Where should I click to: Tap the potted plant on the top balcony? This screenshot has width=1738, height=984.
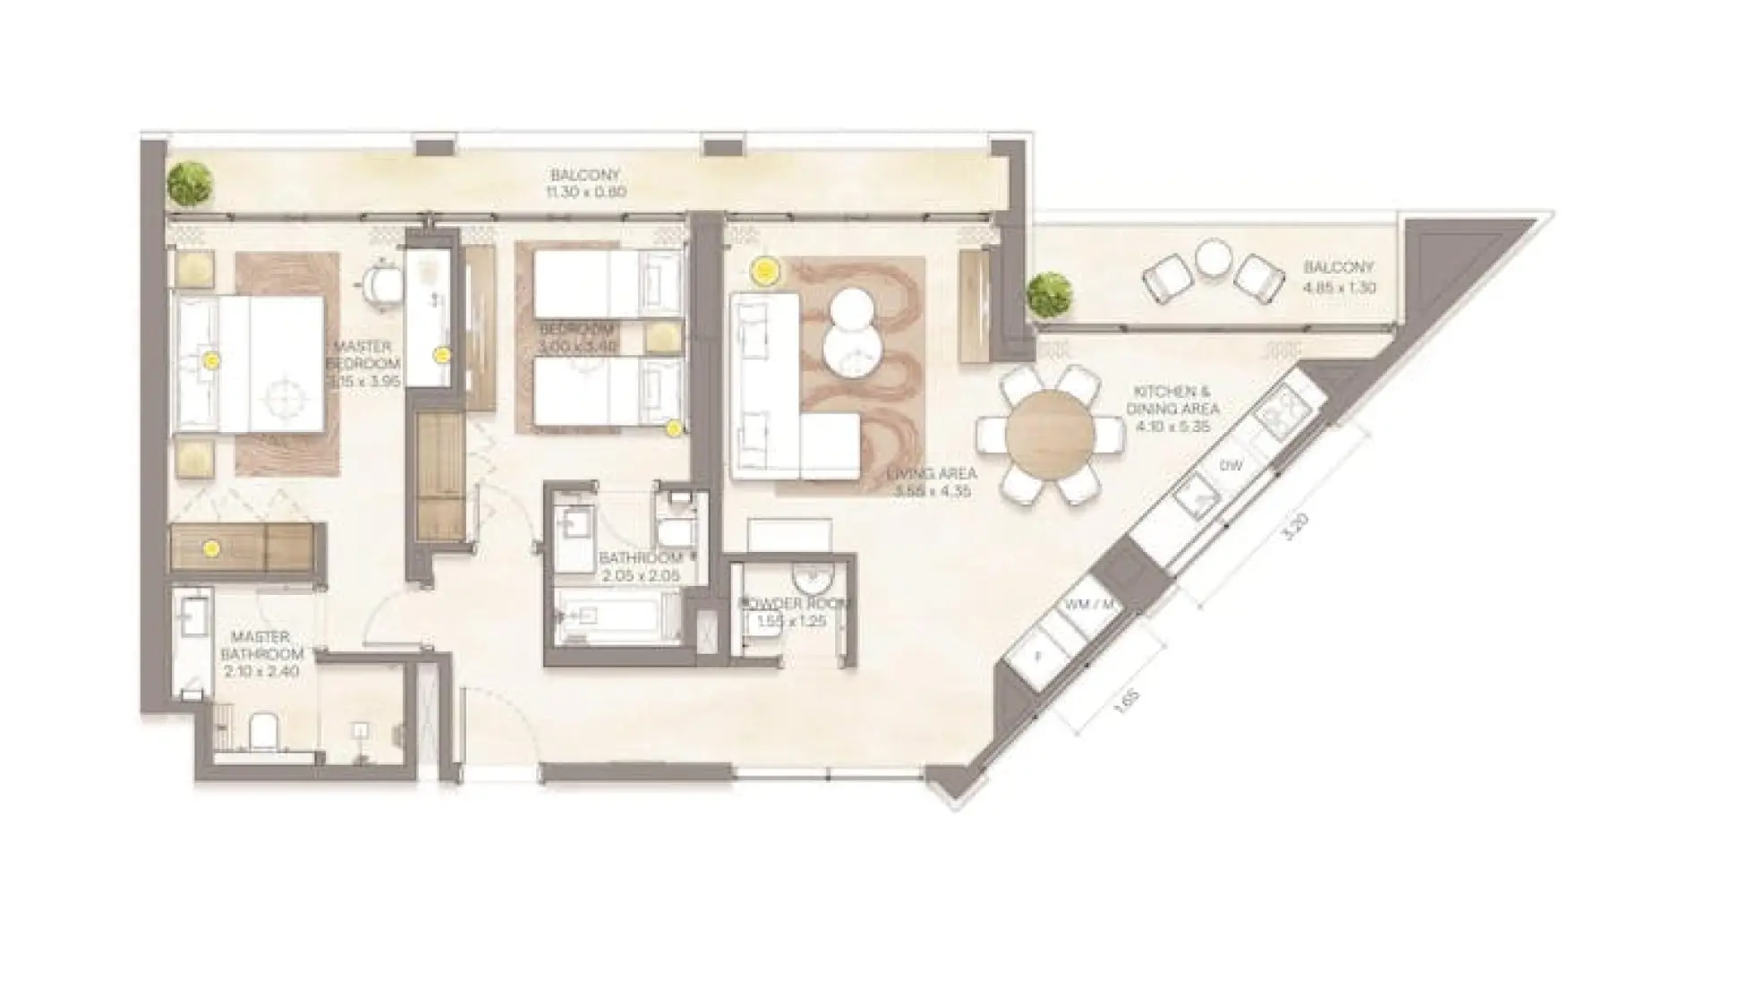[190, 182]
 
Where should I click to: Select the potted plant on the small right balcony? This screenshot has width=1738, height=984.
[1049, 294]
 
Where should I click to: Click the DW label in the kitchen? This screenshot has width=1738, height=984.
[1231, 466]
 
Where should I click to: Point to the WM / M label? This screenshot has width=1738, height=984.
[1089, 605]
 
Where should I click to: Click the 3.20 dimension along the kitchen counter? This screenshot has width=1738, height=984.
[1290, 526]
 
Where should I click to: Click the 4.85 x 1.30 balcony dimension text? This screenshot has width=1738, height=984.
[1339, 287]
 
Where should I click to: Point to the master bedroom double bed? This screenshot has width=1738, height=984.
[251, 364]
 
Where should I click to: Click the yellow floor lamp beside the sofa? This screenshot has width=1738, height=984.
[763, 269]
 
